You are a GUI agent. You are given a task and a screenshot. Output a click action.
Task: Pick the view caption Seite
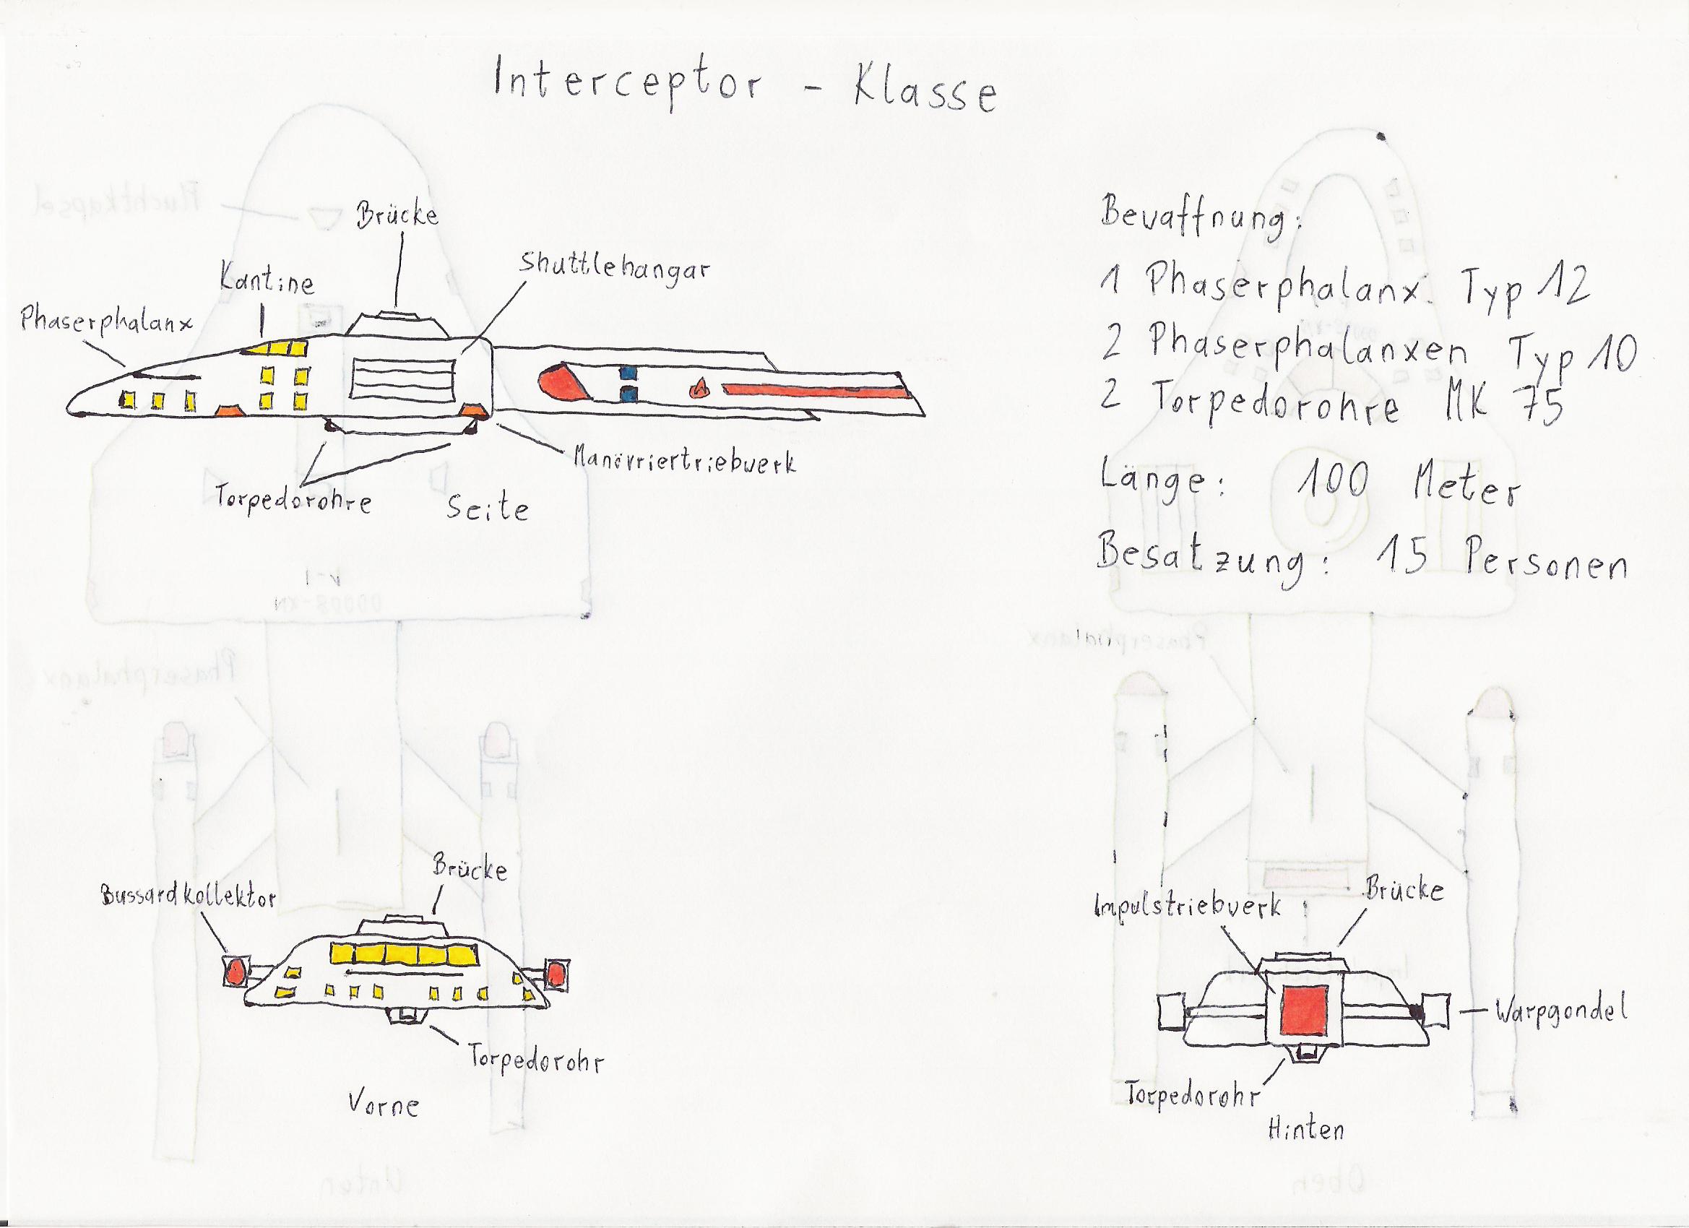[x=488, y=509]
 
